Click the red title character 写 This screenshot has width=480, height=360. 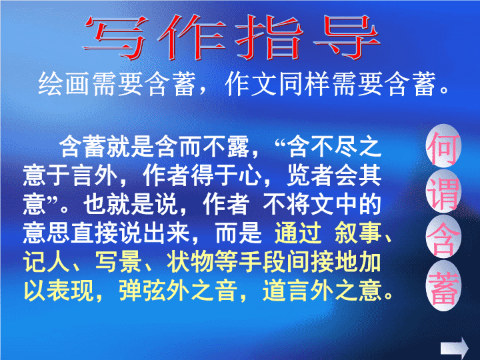(x=115, y=37)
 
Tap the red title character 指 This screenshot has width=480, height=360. (x=269, y=37)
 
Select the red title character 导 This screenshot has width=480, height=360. (x=347, y=37)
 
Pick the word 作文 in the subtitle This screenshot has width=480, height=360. (x=251, y=84)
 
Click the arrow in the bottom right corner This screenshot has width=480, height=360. (x=455, y=348)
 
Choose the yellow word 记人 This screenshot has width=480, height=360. (x=46, y=262)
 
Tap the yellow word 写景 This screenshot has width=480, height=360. (x=118, y=262)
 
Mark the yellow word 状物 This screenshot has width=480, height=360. (x=190, y=262)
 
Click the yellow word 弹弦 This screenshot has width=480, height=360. (x=142, y=290)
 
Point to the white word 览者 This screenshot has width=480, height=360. (x=310, y=175)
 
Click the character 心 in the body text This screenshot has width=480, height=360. (x=251, y=175)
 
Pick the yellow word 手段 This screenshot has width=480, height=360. (x=262, y=262)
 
